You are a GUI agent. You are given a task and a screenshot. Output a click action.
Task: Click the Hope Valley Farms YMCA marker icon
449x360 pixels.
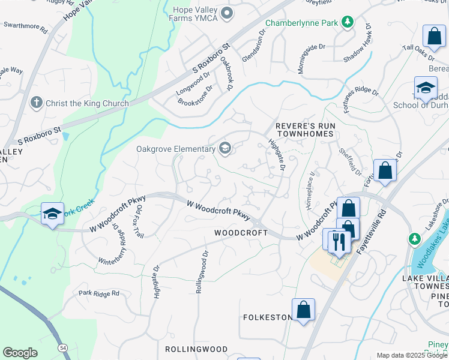226,13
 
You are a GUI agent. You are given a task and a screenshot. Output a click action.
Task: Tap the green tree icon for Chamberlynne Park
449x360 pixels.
347,22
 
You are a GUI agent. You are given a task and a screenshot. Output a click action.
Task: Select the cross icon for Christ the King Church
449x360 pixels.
37,103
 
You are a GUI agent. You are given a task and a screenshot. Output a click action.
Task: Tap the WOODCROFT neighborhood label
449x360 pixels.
241,232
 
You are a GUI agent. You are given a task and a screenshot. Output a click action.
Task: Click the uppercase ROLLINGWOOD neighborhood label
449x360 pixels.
196,349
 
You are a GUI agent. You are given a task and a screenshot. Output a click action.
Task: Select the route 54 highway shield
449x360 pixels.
62,347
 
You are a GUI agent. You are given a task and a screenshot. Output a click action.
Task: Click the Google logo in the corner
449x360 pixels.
20,353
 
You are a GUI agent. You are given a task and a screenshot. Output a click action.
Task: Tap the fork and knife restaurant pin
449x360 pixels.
340,241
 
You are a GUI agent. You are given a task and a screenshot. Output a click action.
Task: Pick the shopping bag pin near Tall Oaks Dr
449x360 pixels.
433,36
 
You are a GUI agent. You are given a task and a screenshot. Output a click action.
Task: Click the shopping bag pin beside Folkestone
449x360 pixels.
304,310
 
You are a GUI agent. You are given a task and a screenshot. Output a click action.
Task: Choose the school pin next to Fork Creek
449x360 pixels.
52,214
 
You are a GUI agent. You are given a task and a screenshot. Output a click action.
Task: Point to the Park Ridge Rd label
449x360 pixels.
99,294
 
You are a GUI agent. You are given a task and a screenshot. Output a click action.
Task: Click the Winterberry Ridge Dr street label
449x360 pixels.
114,248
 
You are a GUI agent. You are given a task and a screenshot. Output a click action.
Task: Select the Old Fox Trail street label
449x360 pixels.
139,220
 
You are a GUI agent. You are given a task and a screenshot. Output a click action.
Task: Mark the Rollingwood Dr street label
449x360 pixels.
200,271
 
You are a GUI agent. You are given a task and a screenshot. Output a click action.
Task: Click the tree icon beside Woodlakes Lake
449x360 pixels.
414,239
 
